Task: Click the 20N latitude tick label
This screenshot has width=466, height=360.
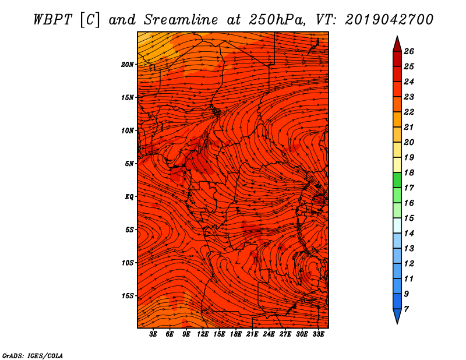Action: (x=128, y=65)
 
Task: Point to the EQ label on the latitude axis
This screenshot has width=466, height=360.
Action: (x=129, y=197)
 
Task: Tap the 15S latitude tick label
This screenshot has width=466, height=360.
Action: (x=128, y=296)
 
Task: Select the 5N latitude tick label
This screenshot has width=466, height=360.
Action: (x=129, y=164)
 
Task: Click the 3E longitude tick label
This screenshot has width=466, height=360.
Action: (x=153, y=334)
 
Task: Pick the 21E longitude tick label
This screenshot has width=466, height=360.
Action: (x=252, y=334)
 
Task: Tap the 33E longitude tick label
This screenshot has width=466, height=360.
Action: (x=318, y=334)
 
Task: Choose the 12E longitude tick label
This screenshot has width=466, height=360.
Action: (x=202, y=334)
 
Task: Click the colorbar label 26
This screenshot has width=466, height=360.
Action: (x=409, y=51)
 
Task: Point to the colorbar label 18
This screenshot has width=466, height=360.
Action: (x=409, y=172)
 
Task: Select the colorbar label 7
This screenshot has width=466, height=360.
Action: (x=406, y=309)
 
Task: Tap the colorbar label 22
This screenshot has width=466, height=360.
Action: (x=409, y=112)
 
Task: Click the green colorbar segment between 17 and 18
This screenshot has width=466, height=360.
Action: (x=397, y=180)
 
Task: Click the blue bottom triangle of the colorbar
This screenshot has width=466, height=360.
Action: (x=397, y=315)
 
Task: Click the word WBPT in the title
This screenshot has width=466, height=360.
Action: (x=52, y=20)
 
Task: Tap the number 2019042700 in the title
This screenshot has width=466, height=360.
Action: (x=389, y=20)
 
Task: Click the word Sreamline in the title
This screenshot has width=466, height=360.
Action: (x=181, y=20)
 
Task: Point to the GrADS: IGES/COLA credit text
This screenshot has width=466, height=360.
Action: (x=33, y=356)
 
